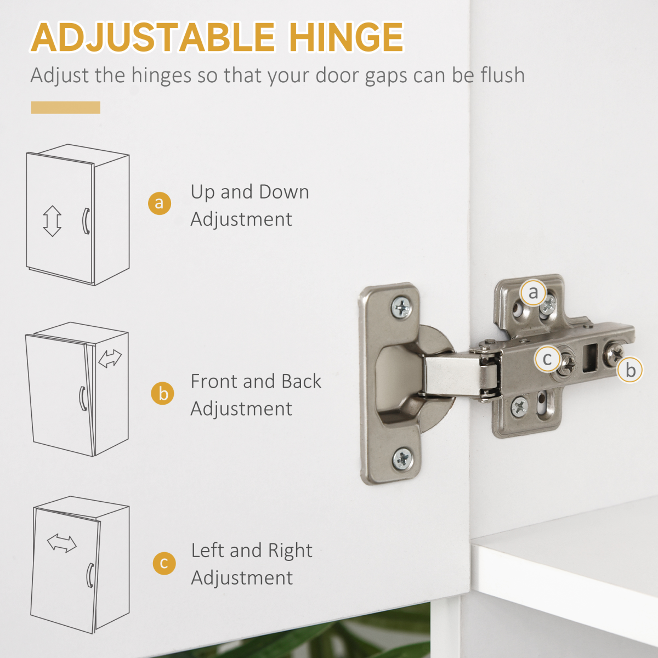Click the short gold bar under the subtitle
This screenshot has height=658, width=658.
66,107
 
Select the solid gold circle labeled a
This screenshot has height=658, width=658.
160,203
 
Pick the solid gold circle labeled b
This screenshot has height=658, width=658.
162,393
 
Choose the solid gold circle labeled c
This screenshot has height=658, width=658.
164,563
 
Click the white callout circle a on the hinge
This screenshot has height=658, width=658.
533,293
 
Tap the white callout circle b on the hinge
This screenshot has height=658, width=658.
630,370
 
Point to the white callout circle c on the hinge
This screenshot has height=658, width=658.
548,359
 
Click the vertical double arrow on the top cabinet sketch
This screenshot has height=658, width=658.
52,221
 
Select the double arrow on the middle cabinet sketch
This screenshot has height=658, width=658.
110,359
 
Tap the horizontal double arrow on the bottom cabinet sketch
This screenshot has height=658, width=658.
62,543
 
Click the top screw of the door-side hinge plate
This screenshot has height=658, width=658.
401,307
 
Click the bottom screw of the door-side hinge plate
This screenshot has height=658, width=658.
402,459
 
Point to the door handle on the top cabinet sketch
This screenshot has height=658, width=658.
86,221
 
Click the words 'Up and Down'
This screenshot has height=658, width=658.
250,192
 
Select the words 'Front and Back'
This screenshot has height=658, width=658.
256,381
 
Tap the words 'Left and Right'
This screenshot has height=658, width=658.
252,551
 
